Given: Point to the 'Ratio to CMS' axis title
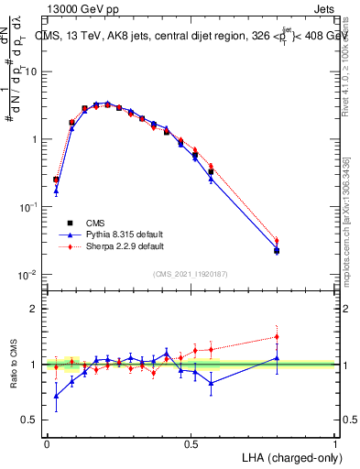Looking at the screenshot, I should (x=14, y=365).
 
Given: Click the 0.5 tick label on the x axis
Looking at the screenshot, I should (x=191, y=443).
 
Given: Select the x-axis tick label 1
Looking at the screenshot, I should (x=335, y=443).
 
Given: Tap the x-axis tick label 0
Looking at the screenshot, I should (x=47, y=443).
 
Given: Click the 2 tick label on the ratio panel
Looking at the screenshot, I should (x=35, y=309).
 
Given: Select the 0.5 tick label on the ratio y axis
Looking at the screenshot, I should (x=30, y=420).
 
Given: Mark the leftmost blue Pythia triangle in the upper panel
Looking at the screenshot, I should (x=56, y=191).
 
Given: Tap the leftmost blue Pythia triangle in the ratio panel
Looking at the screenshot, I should (x=56, y=397).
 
